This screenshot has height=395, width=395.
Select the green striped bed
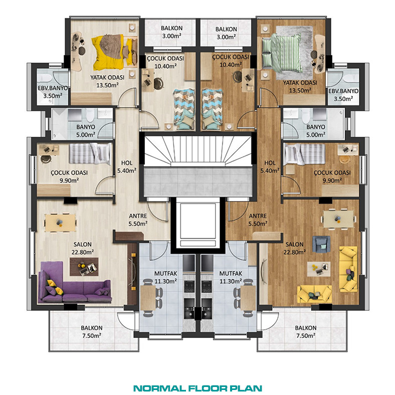pyautogui.click(x=281, y=53)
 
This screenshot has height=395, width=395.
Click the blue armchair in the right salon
pyautogui.click(x=321, y=244)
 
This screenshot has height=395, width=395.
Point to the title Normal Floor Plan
pyautogui.click(x=197, y=388)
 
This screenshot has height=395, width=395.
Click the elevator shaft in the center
pyautogui.click(x=198, y=225)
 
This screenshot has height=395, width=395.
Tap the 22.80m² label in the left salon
pyautogui.click(x=83, y=252)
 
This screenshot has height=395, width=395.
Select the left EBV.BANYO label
pyautogui.click(x=53, y=88)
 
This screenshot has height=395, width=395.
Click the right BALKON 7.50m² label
pyautogui.click(x=306, y=332)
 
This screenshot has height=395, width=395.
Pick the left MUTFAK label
pyautogui.click(x=165, y=273)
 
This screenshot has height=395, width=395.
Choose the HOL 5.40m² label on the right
pyautogui.click(x=270, y=167)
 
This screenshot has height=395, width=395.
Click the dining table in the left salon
pyautogui.click(x=60, y=223)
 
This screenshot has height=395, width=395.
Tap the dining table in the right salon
pyautogui.click(x=339, y=219)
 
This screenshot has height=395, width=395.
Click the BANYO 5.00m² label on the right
pyautogui.click(x=316, y=131)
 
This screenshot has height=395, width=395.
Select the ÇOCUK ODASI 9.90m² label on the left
pyautogui.click(x=69, y=176)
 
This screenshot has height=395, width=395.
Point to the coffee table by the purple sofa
pyautogui.click(x=84, y=267)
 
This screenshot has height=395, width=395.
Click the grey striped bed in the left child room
pyautogui.click(x=90, y=153)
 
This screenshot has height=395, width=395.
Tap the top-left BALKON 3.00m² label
pyautogui.click(x=171, y=32)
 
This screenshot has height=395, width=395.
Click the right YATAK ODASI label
pyautogui.click(x=300, y=83)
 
